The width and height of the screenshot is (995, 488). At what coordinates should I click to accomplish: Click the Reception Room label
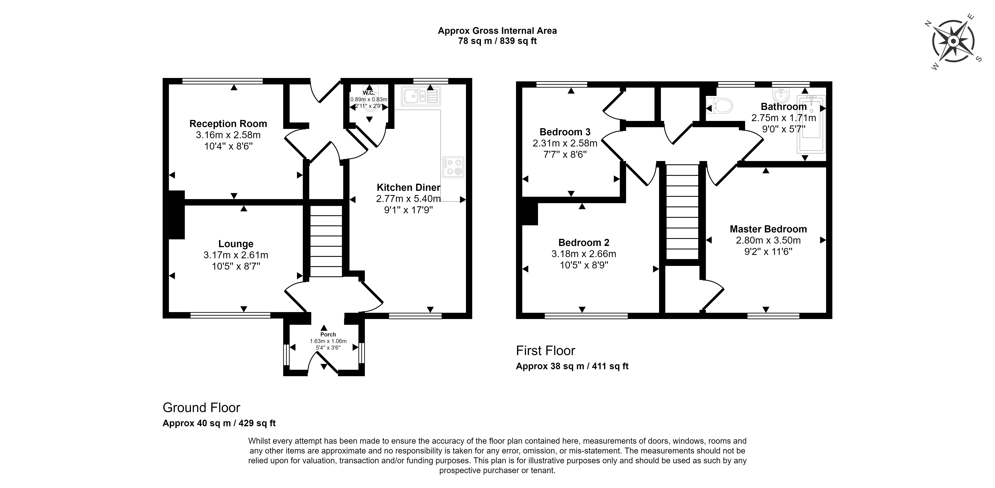(x=228, y=124)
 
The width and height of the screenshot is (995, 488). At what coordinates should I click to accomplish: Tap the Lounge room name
(x=236, y=244)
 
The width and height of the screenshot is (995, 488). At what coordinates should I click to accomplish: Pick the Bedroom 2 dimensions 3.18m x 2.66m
(x=584, y=254)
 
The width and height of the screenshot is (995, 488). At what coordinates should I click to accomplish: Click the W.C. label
(x=368, y=93)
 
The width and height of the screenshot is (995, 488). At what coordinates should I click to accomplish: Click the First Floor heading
(x=546, y=350)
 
